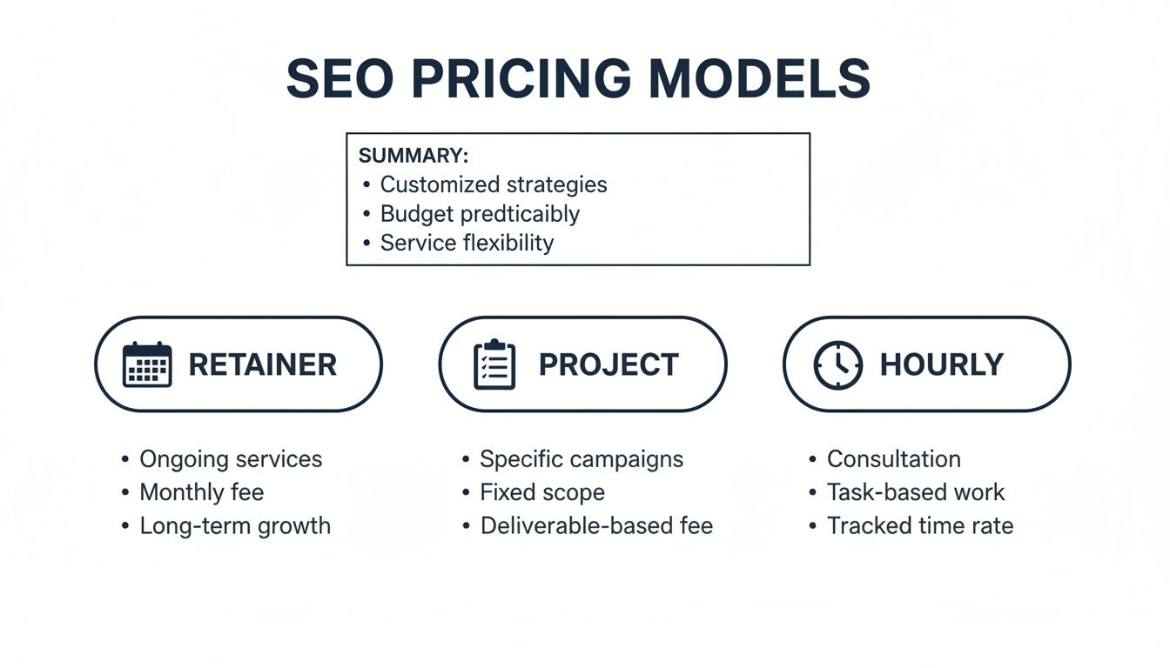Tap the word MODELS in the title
tap(760, 79)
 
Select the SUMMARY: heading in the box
tap(414, 156)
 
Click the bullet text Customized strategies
tap(494, 184)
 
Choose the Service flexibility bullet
tap(467, 243)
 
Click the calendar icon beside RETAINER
tap(147, 364)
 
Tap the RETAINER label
tap(262, 364)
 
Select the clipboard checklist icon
tap(494, 364)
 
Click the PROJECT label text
tap(609, 364)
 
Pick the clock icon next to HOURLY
tap(837, 364)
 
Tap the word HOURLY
tap(942, 364)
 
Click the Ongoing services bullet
tap(231, 459)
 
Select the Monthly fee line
tap(201, 492)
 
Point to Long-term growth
tap(235, 525)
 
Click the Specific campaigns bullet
tap(582, 459)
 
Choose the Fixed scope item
tap(542, 492)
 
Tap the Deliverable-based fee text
tap(596, 525)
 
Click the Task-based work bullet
tap(916, 492)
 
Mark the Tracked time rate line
tap(920, 525)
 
